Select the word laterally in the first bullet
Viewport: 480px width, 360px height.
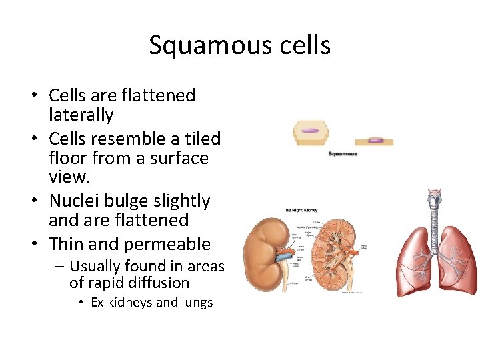click(81, 115)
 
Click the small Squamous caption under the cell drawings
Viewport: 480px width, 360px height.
click(343, 154)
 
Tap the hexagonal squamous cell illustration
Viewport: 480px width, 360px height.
click(311, 133)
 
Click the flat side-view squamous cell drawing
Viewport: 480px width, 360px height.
click(374, 141)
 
